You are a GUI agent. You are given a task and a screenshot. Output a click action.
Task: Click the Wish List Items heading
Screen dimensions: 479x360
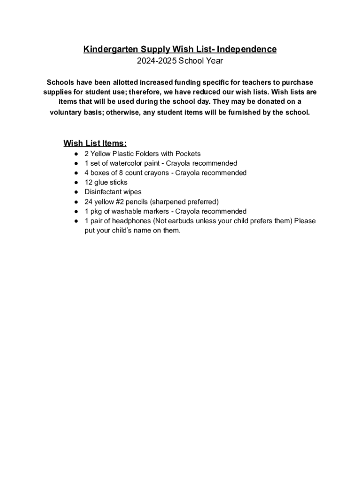pyautogui.click(x=95, y=143)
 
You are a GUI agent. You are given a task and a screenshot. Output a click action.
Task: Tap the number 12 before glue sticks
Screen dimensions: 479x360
pyautogui.click(x=88, y=182)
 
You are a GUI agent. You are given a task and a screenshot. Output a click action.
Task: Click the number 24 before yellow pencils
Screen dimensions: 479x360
pyautogui.click(x=88, y=202)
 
